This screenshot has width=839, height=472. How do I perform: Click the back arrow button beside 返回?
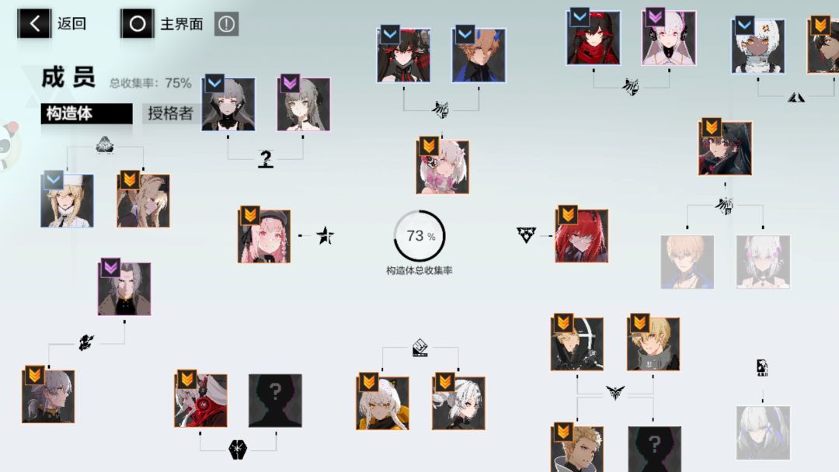click(x=34, y=23)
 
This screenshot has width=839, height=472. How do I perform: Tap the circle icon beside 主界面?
click(x=137, y=23)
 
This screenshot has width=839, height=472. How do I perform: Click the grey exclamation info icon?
click(x=226, y=24)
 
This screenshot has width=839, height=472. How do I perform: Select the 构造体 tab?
click(x=87, y=113)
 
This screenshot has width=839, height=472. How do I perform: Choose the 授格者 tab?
click(x=170, y=113)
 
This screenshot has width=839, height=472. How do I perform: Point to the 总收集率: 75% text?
click(x=151, y=83)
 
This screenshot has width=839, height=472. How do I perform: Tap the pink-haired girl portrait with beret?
click(x=264, y=236)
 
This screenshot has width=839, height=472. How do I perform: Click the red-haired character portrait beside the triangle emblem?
click(x=582, y=236)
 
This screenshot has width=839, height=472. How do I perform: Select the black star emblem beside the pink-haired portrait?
click(x=325, y=235)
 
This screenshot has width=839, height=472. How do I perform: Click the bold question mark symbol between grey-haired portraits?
click(x=266, y=158)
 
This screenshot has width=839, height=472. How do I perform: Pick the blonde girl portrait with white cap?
click(x=68, y=200)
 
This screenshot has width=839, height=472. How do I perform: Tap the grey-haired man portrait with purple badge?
click(x=124, y=289)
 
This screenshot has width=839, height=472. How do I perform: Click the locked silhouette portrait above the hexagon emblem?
click(x=275, y=401)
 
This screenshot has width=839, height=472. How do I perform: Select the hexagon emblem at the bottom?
click(x=238, y=449)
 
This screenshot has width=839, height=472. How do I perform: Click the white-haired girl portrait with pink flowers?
click(x=443, y=167)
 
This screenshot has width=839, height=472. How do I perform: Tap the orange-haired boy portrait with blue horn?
click(x=479, y=56)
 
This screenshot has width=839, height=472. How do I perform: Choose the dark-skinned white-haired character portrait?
click(x=758, y=46)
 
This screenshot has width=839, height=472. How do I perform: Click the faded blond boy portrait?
click(x=688, y=262)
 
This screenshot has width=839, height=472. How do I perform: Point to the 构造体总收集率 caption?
click(x=419, y=270)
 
